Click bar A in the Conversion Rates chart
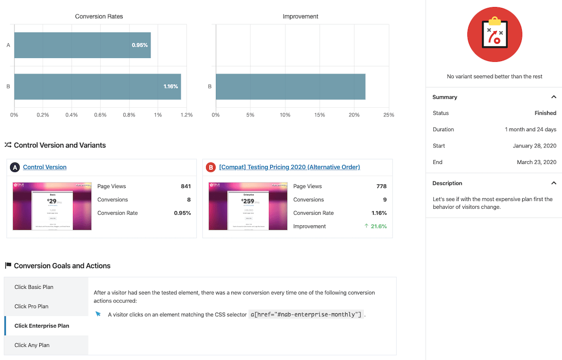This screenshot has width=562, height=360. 82,45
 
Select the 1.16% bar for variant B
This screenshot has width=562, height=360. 97,87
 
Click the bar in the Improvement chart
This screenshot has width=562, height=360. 290,87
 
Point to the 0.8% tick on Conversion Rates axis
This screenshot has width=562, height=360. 129,115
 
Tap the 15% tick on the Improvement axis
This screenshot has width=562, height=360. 319,115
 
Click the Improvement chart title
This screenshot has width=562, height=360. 300,16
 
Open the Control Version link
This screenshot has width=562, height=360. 44,167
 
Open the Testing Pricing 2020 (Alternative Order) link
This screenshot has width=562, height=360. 289,167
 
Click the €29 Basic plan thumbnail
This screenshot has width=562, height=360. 52,206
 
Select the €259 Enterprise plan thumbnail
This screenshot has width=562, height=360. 248,206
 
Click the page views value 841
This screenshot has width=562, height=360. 185,186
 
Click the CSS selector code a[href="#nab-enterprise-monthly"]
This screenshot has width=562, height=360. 306,315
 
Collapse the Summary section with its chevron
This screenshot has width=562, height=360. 554,97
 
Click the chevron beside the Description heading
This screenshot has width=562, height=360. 554,183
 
